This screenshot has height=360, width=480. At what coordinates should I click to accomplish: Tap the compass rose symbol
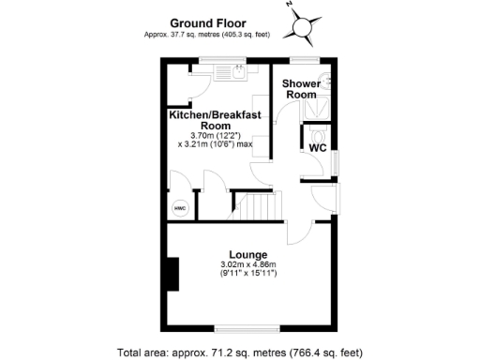click(x=304, y=27)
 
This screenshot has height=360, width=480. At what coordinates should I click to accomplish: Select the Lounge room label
click(x=248, y=254)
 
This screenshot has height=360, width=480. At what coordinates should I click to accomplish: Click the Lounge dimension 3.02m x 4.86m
click(x=248, y=265)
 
